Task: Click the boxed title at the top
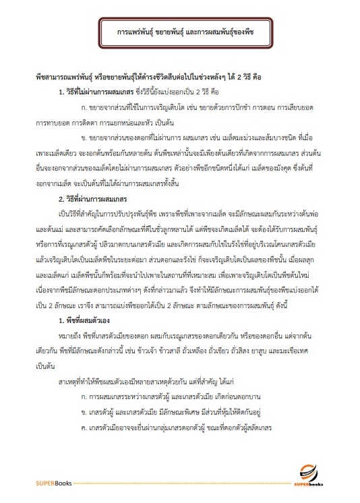180,32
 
